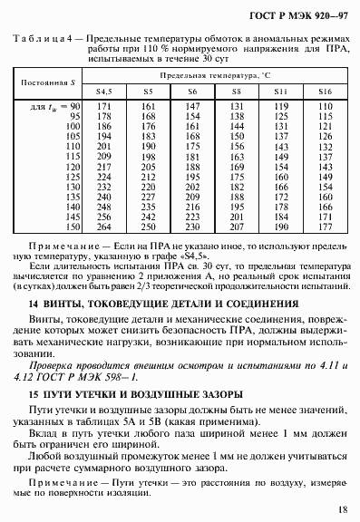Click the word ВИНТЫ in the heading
click(x=63, y=302)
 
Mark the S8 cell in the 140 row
click(x=235, y=207)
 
